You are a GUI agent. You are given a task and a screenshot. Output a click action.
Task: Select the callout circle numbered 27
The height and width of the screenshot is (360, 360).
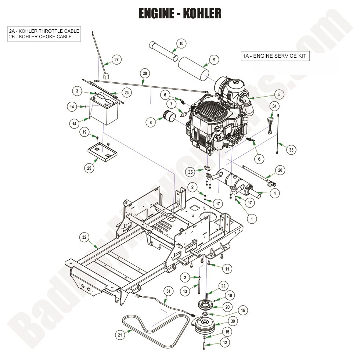[116, 60]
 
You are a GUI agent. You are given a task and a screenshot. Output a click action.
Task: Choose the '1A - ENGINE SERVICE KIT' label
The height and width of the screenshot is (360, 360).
[274, 56]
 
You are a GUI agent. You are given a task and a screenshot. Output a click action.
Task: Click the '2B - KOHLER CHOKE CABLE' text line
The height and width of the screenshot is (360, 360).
[40, 37]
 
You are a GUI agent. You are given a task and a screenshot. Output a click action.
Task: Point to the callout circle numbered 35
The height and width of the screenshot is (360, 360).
[190, 172]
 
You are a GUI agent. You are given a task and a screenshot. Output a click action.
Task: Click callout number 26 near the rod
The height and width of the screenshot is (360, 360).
[280, 170]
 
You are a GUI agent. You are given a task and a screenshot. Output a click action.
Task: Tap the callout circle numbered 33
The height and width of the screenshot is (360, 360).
[291, 150]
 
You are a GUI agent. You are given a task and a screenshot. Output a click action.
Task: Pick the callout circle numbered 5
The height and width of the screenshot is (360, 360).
[279, 94]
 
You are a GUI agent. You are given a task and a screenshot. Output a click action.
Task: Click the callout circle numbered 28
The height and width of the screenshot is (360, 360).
[145, 74]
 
